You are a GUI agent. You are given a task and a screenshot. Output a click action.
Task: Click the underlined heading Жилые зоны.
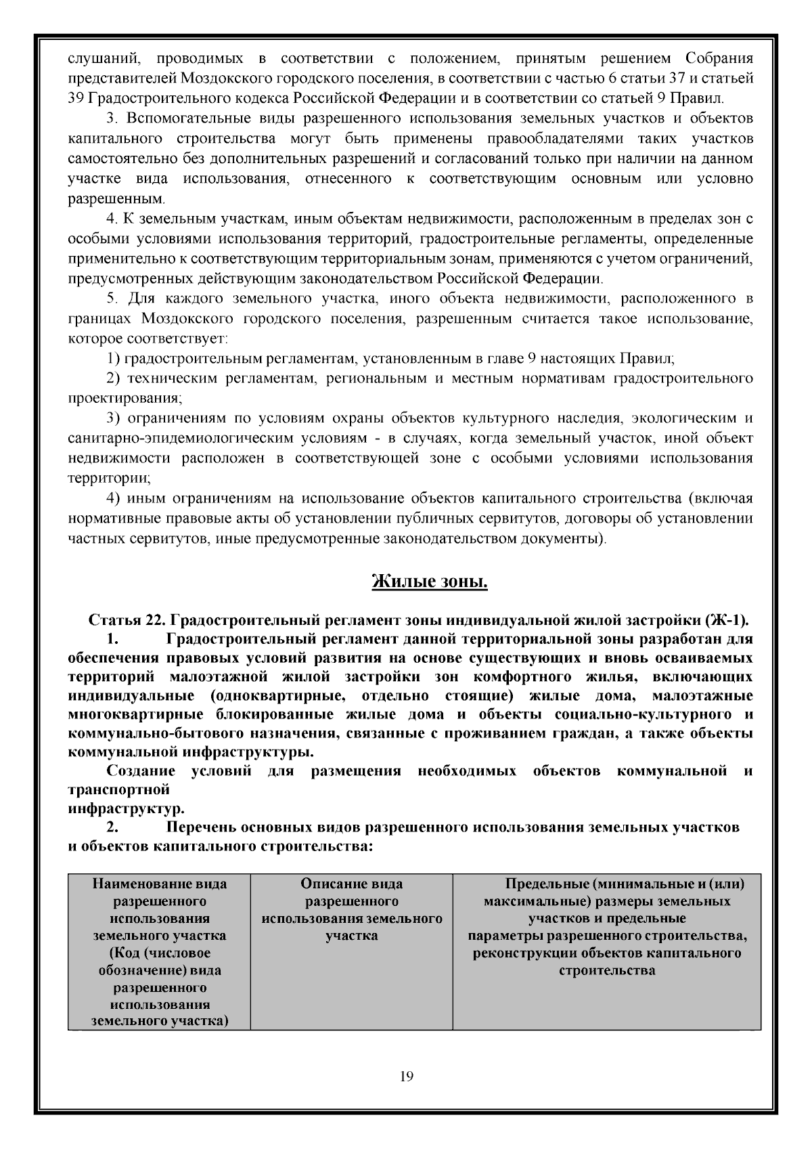[430, 582]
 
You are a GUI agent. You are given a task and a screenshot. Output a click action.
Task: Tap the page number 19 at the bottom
[406, 1077]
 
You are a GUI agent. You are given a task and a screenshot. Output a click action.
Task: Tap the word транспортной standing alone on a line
[118, 789]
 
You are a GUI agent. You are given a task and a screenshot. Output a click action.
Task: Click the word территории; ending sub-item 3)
[110, 478]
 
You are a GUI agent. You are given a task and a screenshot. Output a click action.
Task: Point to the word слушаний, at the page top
[104, 58]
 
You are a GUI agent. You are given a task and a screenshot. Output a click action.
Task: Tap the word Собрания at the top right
[719, 58]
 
